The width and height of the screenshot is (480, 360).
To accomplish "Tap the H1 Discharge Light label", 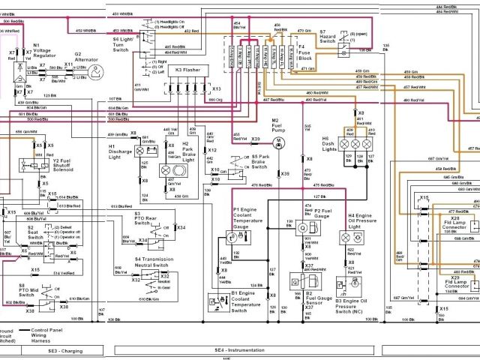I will coord(121,151).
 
